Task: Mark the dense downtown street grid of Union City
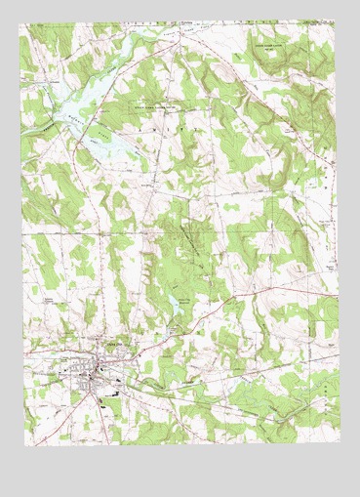click(95, 372)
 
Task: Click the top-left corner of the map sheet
click(20, 19)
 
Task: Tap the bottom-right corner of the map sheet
click(341, 435)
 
